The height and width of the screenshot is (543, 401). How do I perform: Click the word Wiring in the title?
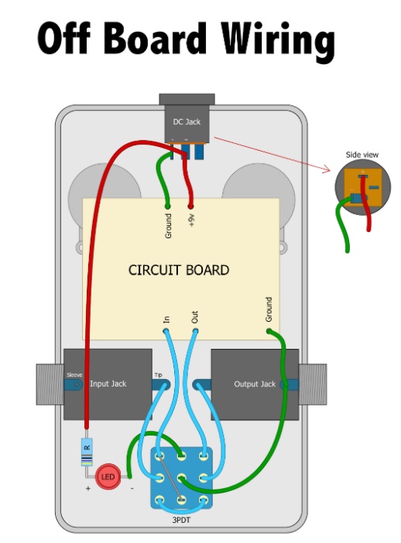pyautogui.click(x=278, y=41)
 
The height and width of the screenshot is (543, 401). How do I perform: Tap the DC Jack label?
pyautogui.click(x=187, y=122)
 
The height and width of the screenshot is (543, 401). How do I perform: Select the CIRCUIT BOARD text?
pyautogui.click(x=179, y=270)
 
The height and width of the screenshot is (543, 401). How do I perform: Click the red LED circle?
pyautogui.click(x=108, y=476)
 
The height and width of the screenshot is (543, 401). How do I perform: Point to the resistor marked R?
pyautogui.click(x=87, y=452)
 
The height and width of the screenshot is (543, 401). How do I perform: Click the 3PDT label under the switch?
pyautogui.click(x=181, y=520)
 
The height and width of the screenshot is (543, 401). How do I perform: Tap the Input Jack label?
pyautogui.click(x=108, y=384)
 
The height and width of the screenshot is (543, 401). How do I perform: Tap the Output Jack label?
pyautogui.click(x=255, y=384)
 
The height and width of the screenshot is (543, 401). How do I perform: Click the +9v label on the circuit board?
pyautogui.click(x=191, y=220)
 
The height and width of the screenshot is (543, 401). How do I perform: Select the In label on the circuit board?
pyautogui.click(x=166, y=319)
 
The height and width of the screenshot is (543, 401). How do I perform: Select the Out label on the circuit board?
pyautogui.click(x=195, y=317)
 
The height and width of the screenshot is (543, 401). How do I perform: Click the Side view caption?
pyautogui.click(x=362, y=155)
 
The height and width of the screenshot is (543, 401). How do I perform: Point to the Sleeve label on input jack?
pyautogui.click(x=74, y=375)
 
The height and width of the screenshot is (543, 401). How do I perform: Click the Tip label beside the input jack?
pyautogui.click(x=158, y=375)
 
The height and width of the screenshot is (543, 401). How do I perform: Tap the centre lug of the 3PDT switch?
pyautogui.click(x=181, y=478)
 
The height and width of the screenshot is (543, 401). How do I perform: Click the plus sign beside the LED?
pyautogui.click(x=88, y=488)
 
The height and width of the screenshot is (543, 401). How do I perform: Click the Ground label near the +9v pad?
pyautogui.click(x=168, y=226)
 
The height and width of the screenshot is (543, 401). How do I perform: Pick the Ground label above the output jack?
pyautogui.click(x=269, y=309)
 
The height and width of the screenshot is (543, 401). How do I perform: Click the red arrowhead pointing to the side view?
pyautogui.click(x=328, y=169)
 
